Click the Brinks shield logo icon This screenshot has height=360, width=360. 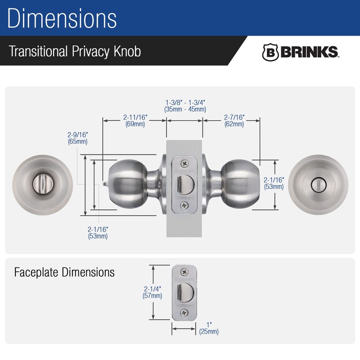click(270, 52)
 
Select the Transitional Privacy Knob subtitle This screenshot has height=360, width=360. click(75, 51)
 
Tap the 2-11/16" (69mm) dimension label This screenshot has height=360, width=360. click(135, 121)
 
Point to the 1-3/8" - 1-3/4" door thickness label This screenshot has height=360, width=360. click(185, 105)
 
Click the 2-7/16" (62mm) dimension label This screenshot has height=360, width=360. click(234, 121)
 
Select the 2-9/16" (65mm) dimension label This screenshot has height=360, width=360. click(77, 138)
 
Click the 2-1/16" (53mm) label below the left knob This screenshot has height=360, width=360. click(98, 232)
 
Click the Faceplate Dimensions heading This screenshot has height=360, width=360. click(64, 272)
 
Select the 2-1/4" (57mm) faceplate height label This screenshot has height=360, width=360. click(153, 292)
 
